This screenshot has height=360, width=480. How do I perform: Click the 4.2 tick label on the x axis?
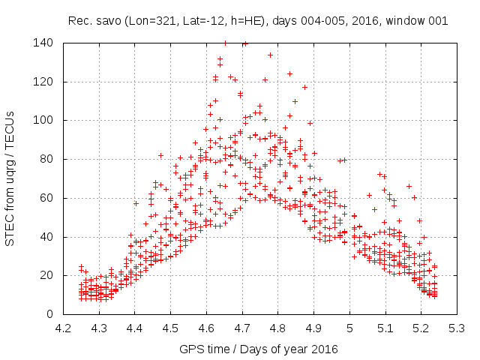(x=63, y=328)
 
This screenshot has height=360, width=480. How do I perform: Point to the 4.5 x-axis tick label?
(x=170, y=328)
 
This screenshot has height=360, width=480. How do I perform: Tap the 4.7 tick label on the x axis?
(x=242, y=328)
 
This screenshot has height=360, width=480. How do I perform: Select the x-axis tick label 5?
(x=349, y=328)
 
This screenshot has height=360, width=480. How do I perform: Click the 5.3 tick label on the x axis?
(x=457, y=328)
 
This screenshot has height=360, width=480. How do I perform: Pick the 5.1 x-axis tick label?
(x=385, y=328)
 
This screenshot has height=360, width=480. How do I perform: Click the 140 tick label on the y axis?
(x=43, y=43)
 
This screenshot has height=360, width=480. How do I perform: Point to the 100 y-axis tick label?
(x=43, y=120)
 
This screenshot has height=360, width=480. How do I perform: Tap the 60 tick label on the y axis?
(x=46, y=198)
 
